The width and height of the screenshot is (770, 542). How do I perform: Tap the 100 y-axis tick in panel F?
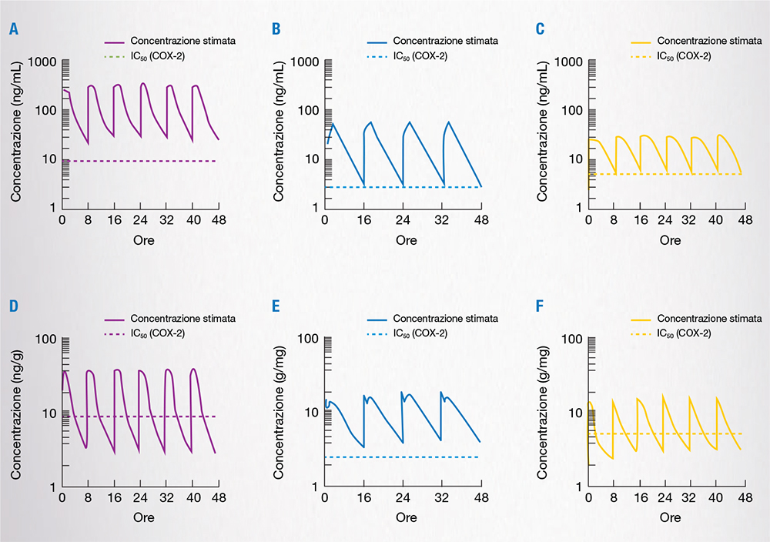coord(571,340)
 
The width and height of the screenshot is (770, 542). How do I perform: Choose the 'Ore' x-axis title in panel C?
coord(670,240)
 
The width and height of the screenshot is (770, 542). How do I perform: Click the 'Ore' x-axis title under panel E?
coord(407,518)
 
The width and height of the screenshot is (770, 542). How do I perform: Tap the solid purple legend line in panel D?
coord(113,319)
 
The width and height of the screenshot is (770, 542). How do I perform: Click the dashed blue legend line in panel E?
coord(377,333)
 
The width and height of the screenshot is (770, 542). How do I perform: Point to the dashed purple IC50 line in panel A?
coord(139,160)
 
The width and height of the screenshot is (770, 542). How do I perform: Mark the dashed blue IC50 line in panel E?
coord(400,457)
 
